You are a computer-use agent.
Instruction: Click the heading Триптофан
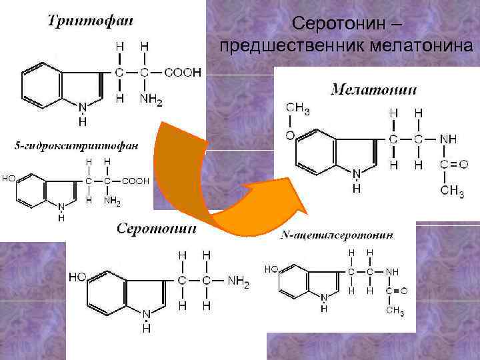point(91,21)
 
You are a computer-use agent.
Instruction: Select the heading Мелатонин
point(375,90)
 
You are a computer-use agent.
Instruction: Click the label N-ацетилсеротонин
point(337,235)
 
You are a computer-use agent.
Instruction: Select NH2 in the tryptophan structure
point(151,101)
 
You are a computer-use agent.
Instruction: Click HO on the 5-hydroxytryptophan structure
point(10,178)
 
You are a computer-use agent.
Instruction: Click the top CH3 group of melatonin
point(298,108)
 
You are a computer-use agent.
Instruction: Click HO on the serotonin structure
point(77,277)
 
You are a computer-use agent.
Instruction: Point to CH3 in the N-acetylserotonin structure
point(396,311)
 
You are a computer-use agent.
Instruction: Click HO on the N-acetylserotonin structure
point(271,269)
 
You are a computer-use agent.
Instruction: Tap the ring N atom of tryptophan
point(82,107)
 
